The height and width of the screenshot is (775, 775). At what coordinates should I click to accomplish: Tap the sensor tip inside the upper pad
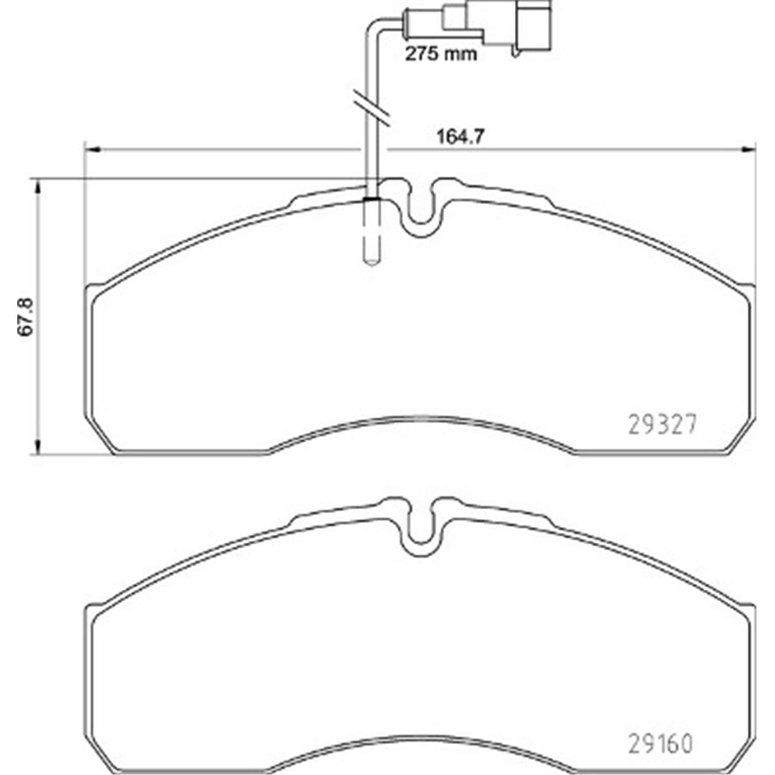pyautogui.click(x=372, y=250)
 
